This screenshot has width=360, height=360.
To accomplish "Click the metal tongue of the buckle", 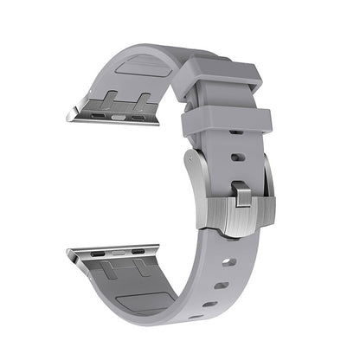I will pos(240,208).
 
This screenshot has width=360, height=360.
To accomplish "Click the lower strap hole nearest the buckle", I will pos(228,259).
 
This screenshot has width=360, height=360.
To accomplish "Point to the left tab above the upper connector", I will pos(112,97).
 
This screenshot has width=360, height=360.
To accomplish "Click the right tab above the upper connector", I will pos(143,100).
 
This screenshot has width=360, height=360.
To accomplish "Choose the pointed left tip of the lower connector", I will pos(67,253).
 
